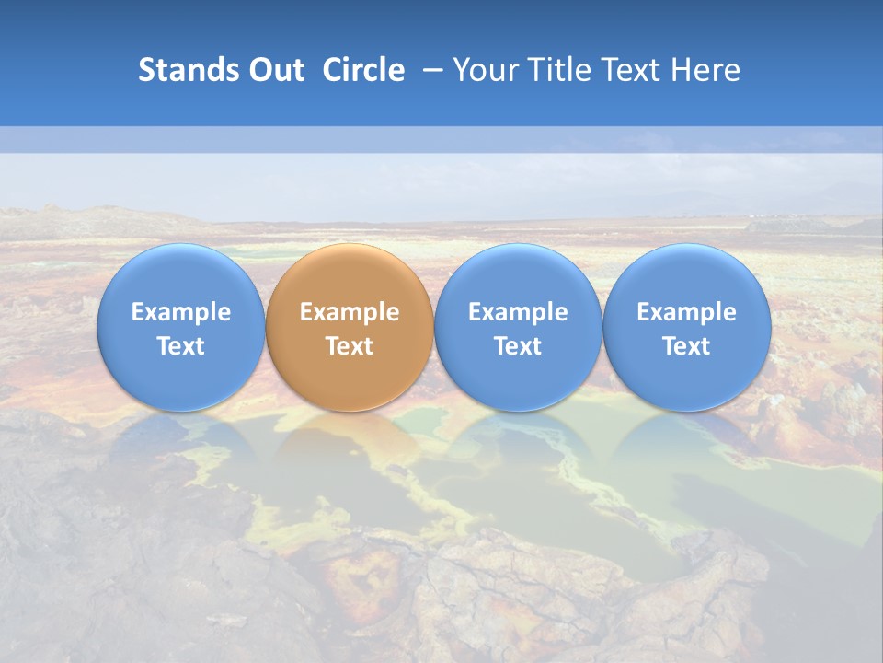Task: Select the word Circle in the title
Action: click(x=363, y=70)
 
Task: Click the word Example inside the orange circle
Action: click(x=350, y=312)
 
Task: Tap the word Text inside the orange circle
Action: click(x=350, y=346)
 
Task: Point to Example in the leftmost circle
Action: click(x=180, y=312)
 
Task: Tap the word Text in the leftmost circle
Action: click(x=180, y=346)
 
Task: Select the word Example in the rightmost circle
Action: click(x=687, y=312)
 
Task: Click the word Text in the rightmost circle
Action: click(x=687, y=346)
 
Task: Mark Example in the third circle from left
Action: click(x=518, y=312)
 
